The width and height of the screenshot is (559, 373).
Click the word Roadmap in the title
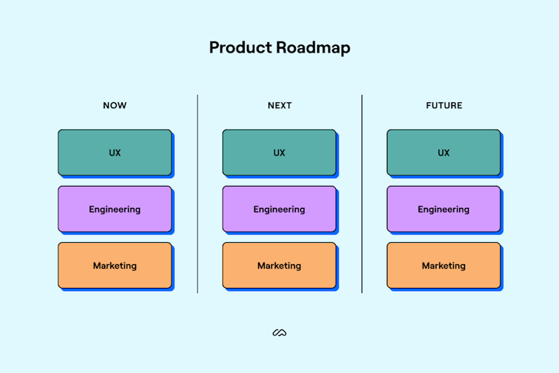coord(314,48)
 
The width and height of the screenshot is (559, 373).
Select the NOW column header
coord(115,106)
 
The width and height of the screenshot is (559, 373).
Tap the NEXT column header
coord(279,106)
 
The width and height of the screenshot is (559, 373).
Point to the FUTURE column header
coord(444,106)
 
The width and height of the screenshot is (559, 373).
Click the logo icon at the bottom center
coord(279,333)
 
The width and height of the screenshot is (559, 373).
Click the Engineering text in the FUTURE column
coord(444,209)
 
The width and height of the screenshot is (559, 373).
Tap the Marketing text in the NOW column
coord(115,266)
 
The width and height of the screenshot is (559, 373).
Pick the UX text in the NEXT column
coord(279,153)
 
